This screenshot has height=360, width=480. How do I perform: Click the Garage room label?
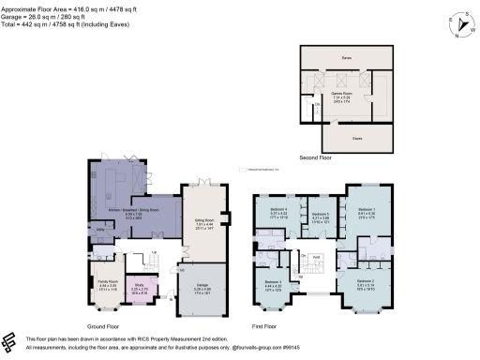pos(202,289)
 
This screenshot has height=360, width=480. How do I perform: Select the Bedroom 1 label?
pos(367,212)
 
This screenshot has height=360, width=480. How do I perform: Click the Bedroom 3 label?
pos(274,283)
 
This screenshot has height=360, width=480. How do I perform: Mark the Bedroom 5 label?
pos(320,217)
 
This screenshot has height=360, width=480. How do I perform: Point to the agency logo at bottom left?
pos(10,342)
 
